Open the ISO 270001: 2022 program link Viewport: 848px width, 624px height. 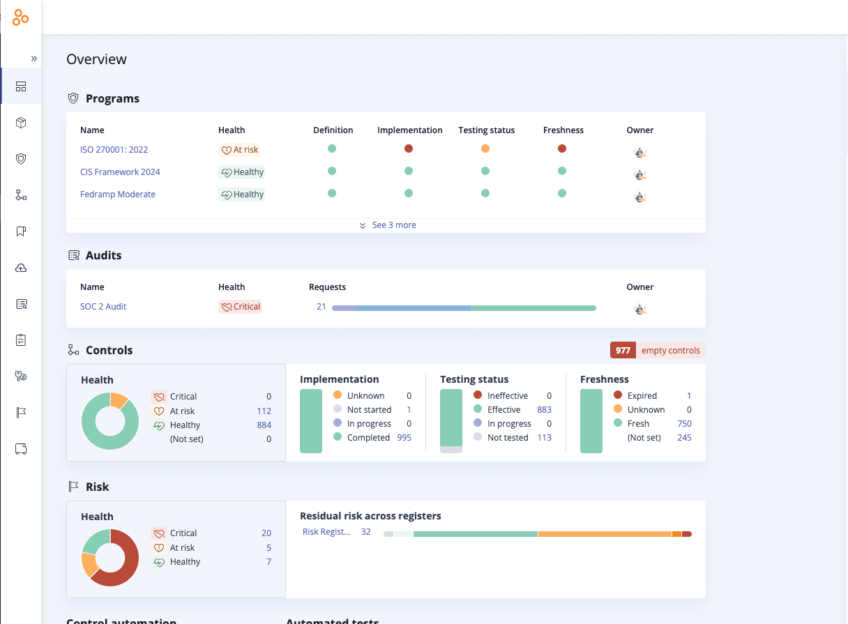[114, 150]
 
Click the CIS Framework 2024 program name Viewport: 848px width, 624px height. [120, 172]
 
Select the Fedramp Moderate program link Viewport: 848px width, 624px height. [117, 195]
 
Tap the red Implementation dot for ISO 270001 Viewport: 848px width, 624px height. [409, 149]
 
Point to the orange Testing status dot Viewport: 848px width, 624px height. [485, 149]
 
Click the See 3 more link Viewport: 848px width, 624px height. [393, 225]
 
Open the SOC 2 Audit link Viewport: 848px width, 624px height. [103, 307]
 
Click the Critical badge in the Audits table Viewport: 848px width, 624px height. [240, 307]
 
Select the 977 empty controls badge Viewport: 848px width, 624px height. [657, 351]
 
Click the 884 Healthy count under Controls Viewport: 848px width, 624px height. [264, 425]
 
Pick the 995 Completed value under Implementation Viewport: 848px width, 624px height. [403, 438]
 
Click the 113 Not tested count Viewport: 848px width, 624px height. [544, 438]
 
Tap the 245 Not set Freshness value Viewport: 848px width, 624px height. [684, 438]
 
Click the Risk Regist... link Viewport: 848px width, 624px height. [326, 532]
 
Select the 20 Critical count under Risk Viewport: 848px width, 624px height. [266, 533]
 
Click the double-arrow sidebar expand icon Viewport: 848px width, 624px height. [33, 59]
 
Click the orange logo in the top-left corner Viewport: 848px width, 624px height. [21, 18]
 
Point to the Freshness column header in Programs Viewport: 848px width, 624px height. [563, 130]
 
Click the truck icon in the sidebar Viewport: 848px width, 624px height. [21, 449]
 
